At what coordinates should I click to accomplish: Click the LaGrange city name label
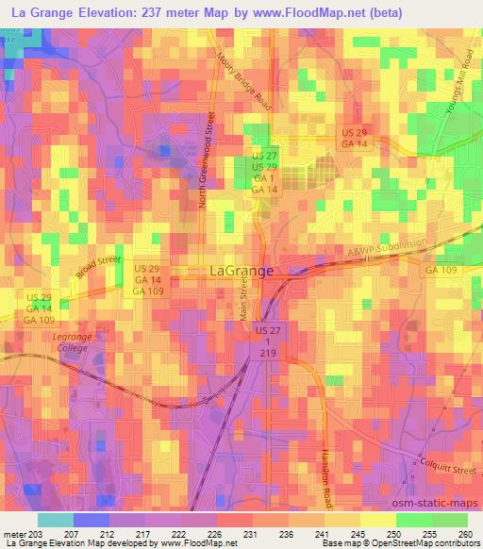(240, 271)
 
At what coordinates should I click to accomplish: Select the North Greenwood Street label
(212, 159)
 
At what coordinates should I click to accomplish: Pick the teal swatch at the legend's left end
(54, 519)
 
